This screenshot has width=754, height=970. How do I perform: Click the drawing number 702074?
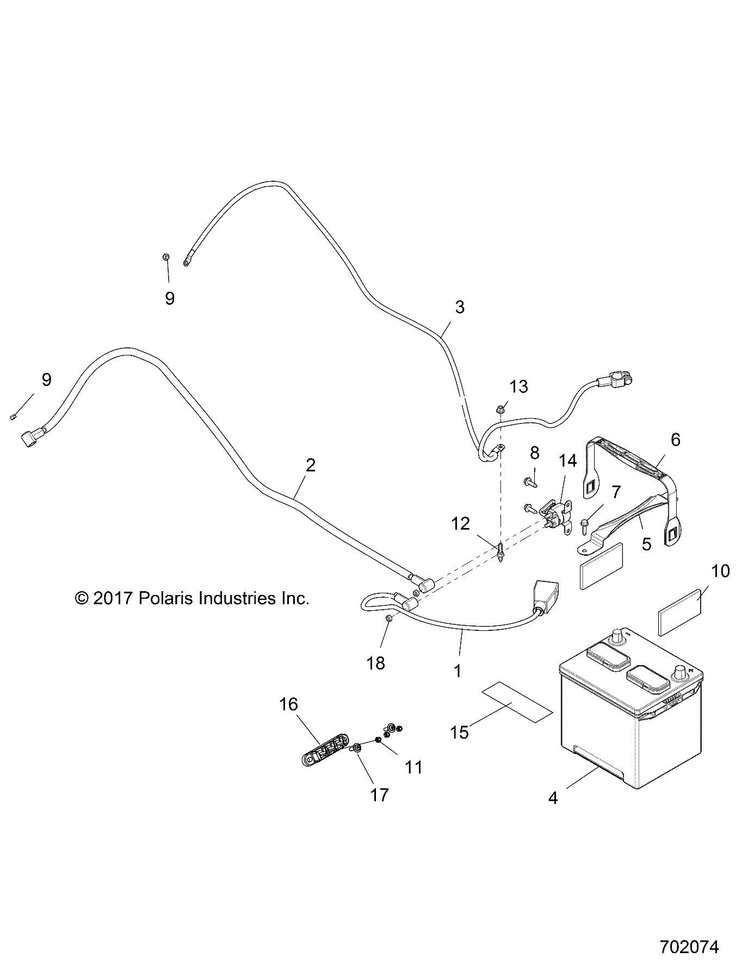pyautogui.click(x=689, y=947)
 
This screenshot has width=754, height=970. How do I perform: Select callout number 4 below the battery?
pyautogui.click(x=553, y=799)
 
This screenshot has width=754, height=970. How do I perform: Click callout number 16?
pyautogui.click(x=288, y=704)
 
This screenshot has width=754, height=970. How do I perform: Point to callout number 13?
pyautogui.click(x=518, y=386)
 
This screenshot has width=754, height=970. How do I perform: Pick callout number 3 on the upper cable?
pyautogui.click(x=460, y=307)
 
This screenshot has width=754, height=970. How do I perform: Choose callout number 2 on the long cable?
pyautogui.click(x=311, y=465)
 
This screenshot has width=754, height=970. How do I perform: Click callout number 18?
pyautogui.click(x=376, y=663)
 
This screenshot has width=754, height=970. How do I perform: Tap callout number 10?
pyautogui.click(x=720, y=571)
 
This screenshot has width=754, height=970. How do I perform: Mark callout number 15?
pyautogui.click(x=460, y=732)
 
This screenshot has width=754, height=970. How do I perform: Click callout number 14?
pyautogui.click(x=567, y=461)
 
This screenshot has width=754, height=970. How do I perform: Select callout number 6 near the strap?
pyautogui.click(x=675, y=439)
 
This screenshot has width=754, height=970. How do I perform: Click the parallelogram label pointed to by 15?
pyautogui.click(x=516, y=702)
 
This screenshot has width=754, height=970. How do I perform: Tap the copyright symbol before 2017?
pyautogui.click(x=81, y=599)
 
